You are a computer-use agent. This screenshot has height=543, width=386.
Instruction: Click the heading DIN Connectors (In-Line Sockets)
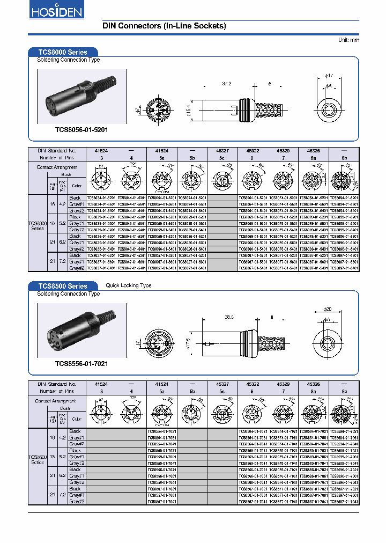click(x=164, y=26)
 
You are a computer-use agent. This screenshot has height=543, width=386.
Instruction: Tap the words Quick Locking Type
click(x=129, y=285)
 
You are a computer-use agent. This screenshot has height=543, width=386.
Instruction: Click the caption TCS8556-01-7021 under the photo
click(x=81, y=363)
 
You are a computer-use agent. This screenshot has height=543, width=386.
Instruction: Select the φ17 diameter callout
click(x=330, y=76)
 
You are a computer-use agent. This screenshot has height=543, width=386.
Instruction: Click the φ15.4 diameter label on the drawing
click(x=188, y=111)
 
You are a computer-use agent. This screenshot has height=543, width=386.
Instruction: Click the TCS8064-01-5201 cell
click(x=254, y=197)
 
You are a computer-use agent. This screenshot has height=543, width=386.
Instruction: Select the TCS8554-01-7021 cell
click(x=162, y=431)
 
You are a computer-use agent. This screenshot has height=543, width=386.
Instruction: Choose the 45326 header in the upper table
click(x=314, y=151)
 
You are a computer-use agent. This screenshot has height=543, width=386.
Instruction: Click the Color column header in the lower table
click(x=77, y=419)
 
